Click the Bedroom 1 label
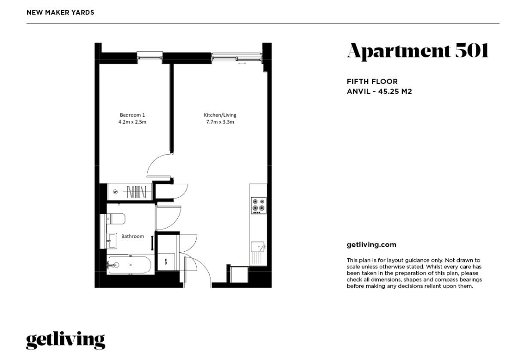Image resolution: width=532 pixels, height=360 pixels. click(132, 115)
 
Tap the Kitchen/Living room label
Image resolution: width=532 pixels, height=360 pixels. click(220, 115)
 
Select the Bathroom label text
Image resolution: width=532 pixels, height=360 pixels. click(133, 236)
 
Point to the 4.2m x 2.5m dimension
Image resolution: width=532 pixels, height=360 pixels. click(132, 122)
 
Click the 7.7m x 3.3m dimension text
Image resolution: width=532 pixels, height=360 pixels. click(220, 122)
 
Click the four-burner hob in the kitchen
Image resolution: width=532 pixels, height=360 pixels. click(258, 205)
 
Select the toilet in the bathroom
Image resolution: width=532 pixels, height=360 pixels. click(115, 219)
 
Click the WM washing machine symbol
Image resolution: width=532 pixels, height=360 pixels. click(166, 261)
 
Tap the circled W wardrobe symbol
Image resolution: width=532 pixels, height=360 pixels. click(115, 192)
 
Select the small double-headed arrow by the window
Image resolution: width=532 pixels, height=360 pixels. click(242, 63)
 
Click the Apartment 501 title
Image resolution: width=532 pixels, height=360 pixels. click(418, 51)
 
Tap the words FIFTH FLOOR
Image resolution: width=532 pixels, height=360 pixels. click(372, 81)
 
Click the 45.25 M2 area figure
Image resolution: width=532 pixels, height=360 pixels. click(395, 91)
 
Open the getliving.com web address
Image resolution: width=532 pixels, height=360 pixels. click(371, 245)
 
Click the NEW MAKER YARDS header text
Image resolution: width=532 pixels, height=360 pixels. click(60, 12)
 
